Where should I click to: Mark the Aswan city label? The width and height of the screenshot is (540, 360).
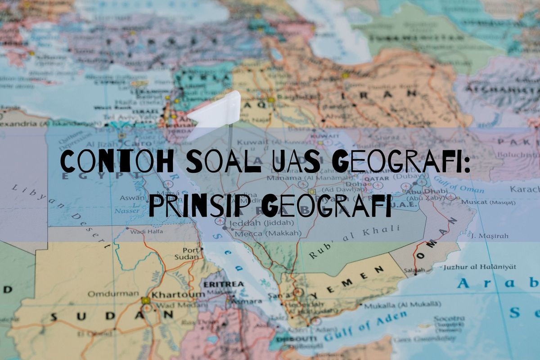[x=132, y=198]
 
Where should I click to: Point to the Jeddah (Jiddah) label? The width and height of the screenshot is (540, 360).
[x=261, y=223]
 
